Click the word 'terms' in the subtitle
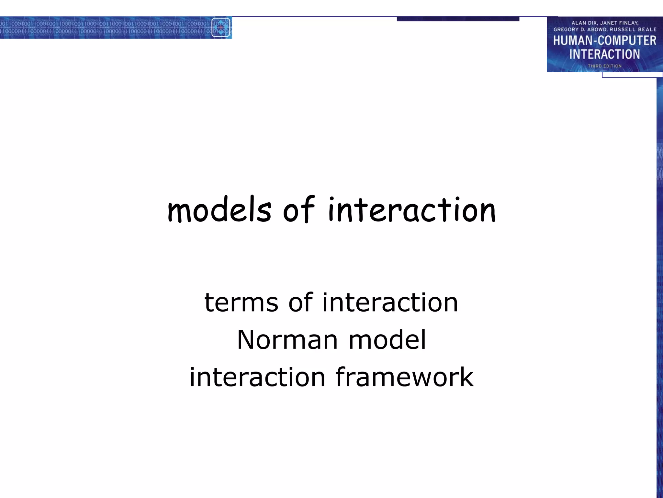[241, 302]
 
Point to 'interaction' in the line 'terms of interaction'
[390, 302]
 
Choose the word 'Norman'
[287, 340]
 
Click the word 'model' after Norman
[387, 340]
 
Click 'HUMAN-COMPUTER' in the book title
[604, 41]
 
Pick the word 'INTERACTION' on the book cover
[604, 54]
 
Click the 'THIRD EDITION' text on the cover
[604, 66]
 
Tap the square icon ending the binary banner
[221, 28]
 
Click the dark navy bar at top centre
[458, 19]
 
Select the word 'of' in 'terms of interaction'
[300, 302]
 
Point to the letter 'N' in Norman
[245, 340]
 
